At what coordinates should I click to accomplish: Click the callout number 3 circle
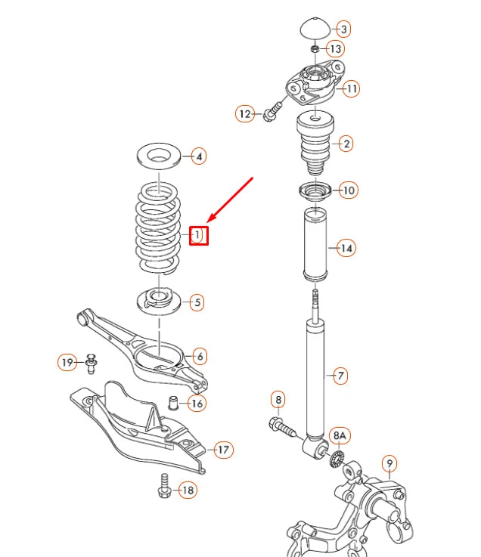coord(343,29)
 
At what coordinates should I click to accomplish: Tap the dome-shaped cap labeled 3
coord(314,28)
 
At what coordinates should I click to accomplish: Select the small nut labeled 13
coord(315,48)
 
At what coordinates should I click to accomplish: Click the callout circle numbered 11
coord(350,88)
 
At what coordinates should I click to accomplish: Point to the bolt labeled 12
coord(272,113)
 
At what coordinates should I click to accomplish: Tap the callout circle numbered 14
coord(346,248)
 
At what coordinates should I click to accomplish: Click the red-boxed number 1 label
coord(197,236)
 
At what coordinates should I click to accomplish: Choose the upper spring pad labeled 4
coord(159,157)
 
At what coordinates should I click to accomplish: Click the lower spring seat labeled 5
coord(159,300)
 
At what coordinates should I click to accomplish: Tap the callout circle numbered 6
coord(200,355)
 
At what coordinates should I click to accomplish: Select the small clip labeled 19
coord(91,364)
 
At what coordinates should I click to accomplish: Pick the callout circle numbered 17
coord(222,450)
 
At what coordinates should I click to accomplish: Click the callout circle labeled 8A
coord(340,435)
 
